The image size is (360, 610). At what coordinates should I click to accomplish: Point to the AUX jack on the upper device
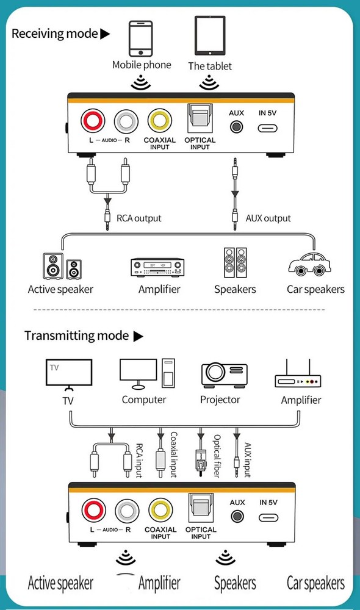point(236,127)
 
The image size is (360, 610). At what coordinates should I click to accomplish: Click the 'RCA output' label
point(139,218)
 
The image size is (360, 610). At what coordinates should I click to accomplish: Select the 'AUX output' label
point(268,218)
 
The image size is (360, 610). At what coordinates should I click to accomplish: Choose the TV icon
point(70,374)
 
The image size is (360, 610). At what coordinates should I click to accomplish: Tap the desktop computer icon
point(146,374)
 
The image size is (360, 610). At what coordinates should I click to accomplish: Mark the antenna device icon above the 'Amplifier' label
point(299,376)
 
